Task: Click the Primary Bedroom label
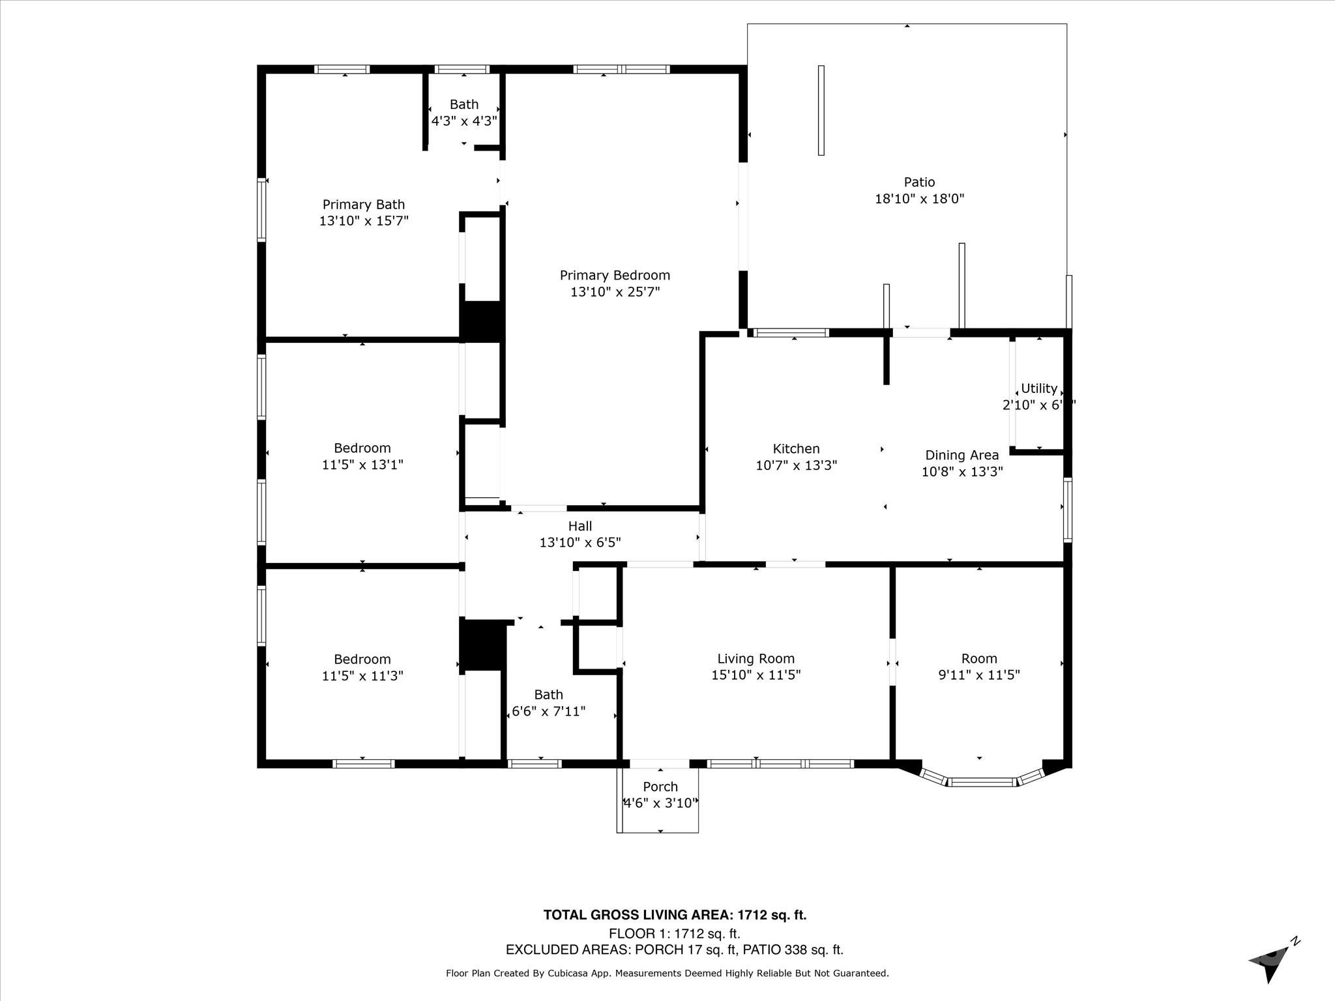(x=615, y=276)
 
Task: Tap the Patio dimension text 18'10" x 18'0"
(x=919, y=199)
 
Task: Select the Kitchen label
(x=796, y=449)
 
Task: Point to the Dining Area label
(x=961, y=456)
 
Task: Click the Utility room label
(x=1038, y=388)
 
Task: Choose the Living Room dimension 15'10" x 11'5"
(x=756, y=675)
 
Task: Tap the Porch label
(x=660, y=787)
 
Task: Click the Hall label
(x=579, y=526)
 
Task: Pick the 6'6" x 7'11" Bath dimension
(x=548, y=711)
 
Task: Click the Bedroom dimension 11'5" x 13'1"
(x=362, y=465)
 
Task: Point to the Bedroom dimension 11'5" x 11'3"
(x=362, y=676)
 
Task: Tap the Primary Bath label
(x=364, y=205)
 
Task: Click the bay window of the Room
(x=982, y=781)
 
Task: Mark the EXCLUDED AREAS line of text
(x=675, y=950)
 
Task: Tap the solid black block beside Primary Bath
(x=482, y=320)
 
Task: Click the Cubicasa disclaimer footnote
(x=667, y=973)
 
